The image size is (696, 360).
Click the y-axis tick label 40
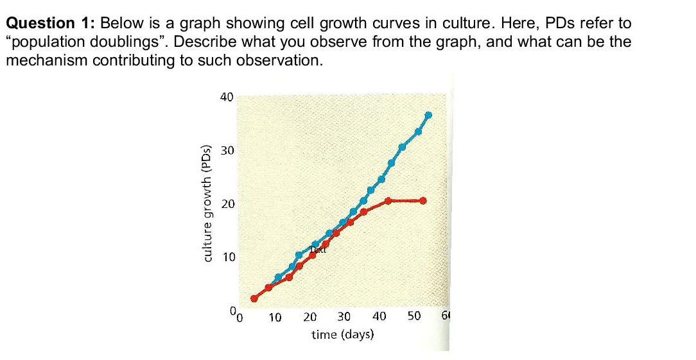pos(226,98)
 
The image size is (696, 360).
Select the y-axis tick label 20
pos(226,205)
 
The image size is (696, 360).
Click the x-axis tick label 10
pos(275,317)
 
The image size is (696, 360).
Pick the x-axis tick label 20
pos(309,317)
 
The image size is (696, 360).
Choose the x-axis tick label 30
pos(344,317)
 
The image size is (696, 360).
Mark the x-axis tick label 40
pos(379,317)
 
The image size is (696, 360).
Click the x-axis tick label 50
pos(413,317)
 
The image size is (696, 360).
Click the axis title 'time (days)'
pos(343,334)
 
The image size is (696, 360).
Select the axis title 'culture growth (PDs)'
pos(207,203)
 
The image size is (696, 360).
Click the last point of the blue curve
pos(428,115)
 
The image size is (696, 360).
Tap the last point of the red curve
pos(422,200)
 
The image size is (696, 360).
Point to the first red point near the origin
pos(254,298)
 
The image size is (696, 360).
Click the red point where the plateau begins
pos(388,200)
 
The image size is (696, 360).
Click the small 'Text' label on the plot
pos(318,250)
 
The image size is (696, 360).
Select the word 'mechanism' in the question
pos(45,61)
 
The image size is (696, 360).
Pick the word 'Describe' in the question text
pos(212,42)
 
